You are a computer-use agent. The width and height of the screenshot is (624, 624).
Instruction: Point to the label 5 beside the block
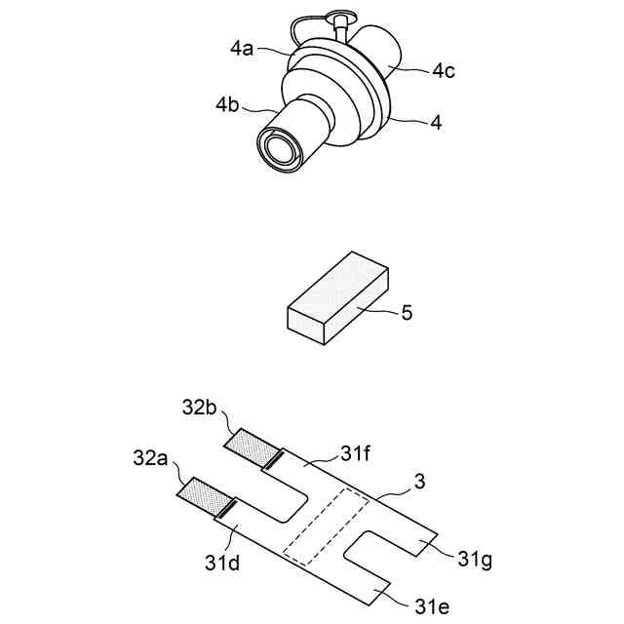(x=408, y=313)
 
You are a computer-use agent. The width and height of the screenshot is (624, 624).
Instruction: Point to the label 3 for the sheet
(x=420, y=480)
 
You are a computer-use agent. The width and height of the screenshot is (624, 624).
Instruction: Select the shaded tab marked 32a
(x=202, y=494)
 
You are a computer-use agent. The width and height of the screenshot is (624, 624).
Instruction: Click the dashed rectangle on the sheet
(x=326, y=526)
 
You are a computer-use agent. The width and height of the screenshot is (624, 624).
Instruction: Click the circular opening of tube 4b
(x=280, y=149)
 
